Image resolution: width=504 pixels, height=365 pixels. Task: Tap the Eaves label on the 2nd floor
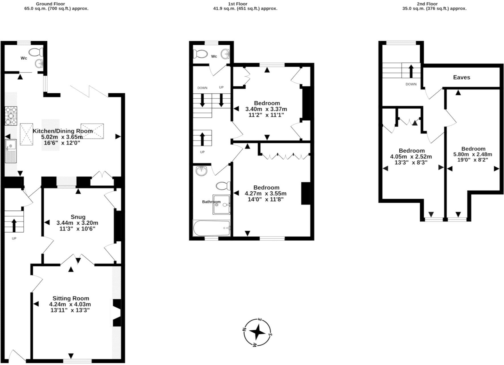pos(462,77)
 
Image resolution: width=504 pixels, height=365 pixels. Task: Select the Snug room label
pos(78,217)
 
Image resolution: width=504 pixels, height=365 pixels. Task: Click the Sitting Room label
pos(71,298)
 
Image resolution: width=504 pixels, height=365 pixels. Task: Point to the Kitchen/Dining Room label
pos(63,131)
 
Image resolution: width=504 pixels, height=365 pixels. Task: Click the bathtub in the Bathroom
pos(212,228)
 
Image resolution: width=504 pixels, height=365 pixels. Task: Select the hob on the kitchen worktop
pos(11,115)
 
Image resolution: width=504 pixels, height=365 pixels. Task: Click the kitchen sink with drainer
pos(11,151)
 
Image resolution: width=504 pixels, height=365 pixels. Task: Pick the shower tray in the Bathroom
pos(221,205)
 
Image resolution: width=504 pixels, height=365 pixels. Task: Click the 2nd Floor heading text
pos(427,4)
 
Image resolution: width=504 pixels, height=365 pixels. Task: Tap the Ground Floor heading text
pos(50,4)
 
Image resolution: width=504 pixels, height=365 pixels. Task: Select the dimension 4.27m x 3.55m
pos(266,193)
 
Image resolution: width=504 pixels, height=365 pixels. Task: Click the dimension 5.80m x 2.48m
pos(473,155)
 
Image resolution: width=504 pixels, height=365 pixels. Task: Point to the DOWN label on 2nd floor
pos(411,84)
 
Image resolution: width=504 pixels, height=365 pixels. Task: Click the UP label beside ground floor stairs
pos(14,238)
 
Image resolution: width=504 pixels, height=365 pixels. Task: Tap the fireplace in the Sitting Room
pos(117,313)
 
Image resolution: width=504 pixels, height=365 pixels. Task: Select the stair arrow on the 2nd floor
pos(411,71)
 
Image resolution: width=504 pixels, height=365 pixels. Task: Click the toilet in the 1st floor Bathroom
pos(223,186)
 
